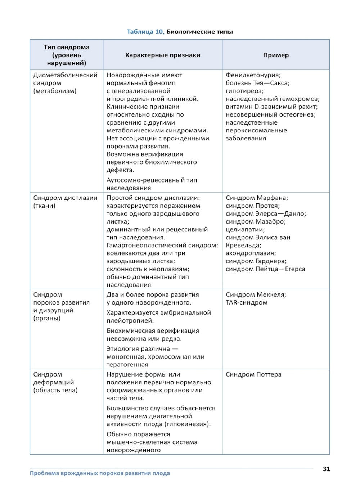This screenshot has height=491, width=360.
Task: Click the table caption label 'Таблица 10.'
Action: click(145, 32)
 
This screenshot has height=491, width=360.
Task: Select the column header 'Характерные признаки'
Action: click(162, 55)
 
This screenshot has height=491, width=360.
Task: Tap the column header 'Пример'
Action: click(276, 55)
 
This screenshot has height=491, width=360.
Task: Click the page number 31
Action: click(326, 469)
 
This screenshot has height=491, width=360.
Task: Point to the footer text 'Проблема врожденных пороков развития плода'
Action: click(100, 473)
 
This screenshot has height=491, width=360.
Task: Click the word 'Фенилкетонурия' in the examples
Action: click(252, 75)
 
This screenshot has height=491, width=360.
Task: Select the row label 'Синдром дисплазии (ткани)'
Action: click(65, 202)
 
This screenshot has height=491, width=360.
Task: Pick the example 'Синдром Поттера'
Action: click(253, 374)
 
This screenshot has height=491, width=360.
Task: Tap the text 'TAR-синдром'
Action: click(246, 302)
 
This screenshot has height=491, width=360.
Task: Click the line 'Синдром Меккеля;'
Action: click(256, 294)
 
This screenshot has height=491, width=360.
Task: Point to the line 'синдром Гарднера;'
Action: click(256, 261)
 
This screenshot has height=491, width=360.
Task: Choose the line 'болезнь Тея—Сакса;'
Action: click(257, 83)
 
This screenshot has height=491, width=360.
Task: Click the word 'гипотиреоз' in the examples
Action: click(244, 91)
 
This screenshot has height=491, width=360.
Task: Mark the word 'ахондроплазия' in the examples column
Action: click(250, 253)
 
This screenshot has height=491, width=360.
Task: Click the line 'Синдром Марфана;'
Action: click(257, 198)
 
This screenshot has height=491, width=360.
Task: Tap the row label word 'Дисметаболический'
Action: click(65, 75)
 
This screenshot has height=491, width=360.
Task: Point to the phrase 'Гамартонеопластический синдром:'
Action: click(162, 245)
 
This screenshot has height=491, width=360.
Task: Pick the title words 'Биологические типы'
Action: click(199, 32)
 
